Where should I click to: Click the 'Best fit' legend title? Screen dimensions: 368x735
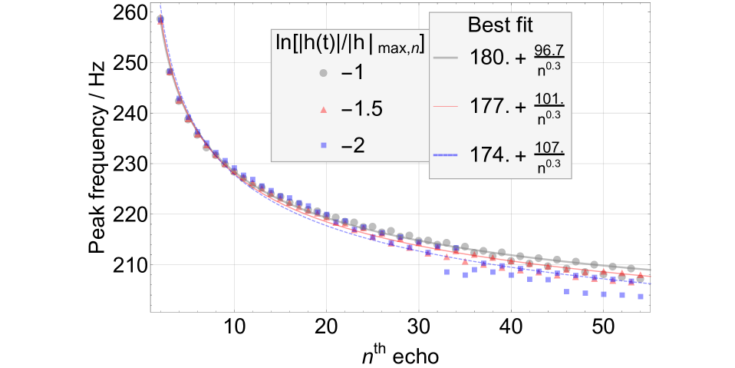point(499,25)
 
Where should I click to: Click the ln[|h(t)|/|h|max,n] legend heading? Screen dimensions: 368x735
point(350,42)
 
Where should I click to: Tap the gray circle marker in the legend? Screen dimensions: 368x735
point(323,73)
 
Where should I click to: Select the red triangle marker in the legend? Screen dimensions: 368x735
point(323,110)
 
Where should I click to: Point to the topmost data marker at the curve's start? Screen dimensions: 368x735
point(160,18)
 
